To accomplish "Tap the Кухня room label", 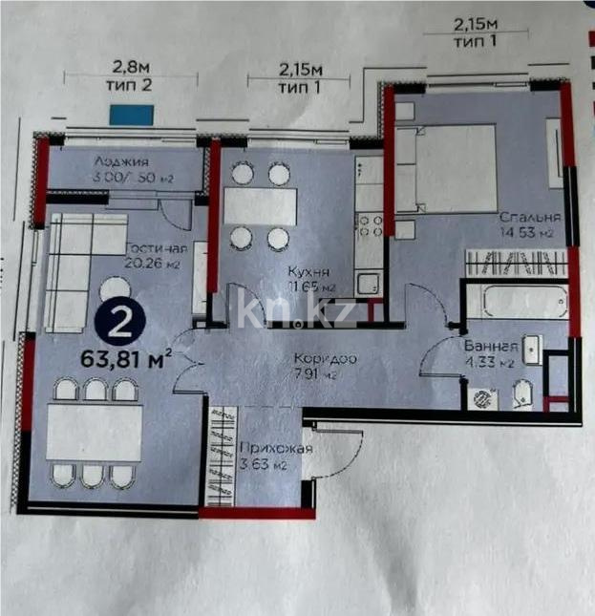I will [310, 271].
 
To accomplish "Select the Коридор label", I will [326, 358].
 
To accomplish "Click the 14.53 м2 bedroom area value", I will [530, 232].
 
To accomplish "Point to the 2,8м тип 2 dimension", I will [132, 74].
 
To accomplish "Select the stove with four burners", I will [370, 224].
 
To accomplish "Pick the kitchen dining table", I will [260, 205].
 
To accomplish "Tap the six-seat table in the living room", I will [95, 433].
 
